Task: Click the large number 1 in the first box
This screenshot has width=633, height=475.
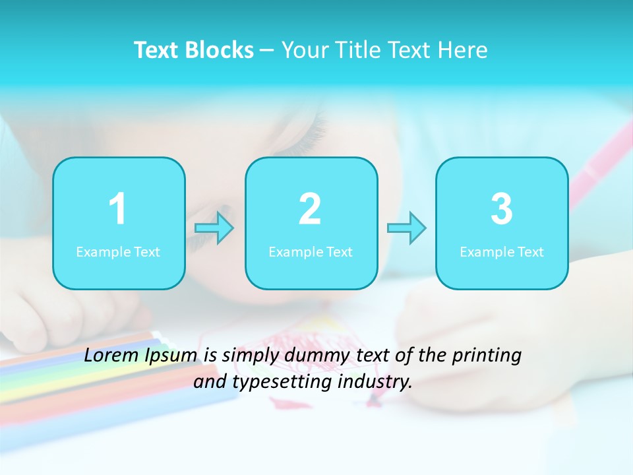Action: (117, 209)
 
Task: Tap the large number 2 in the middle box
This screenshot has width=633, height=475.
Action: (310, 209)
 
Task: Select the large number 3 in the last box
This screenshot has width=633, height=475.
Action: (502, 209)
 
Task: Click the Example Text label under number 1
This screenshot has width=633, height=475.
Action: (118, 252)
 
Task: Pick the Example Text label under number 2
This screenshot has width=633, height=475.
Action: (311, 252)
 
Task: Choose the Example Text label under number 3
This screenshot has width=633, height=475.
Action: (502, 252)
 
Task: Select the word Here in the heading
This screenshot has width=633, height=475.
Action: (463, 50)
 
